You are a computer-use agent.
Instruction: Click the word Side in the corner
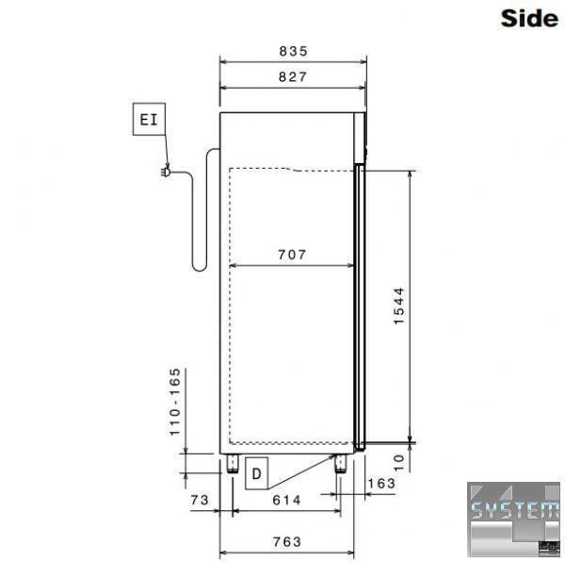529,18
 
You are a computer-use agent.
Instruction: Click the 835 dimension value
293,51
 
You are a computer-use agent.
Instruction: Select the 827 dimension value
293,76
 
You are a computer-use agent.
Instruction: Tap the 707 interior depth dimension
292,255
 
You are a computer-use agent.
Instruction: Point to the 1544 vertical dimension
399,306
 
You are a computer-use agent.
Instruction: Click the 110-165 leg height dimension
175,402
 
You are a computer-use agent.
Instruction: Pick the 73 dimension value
200,500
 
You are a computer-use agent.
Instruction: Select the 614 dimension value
286,500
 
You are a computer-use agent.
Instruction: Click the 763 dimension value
287,541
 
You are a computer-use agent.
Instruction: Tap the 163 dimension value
381,483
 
